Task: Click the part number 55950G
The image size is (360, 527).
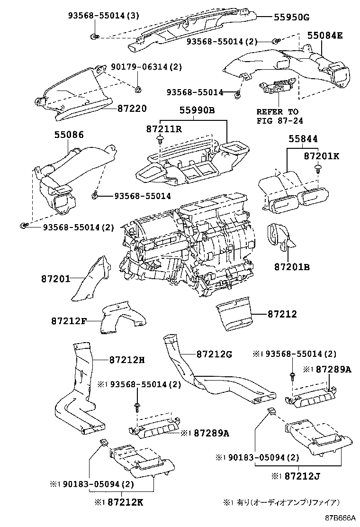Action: [x=291, y=18]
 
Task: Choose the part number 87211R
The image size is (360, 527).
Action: [x=163, y=129]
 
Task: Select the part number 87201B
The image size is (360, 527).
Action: [x=292, y=267]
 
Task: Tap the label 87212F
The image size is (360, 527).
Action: [x=69, y=321]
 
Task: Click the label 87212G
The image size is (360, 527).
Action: [x=214, y=354]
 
